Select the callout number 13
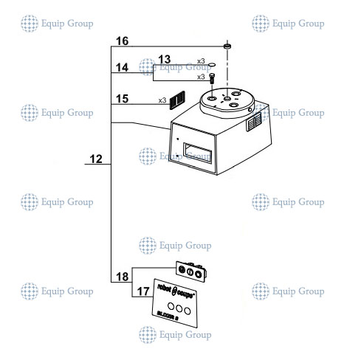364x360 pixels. (164, 58)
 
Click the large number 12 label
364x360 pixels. (96, 159)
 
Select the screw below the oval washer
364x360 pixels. (212, 76)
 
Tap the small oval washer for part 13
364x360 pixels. (211, 63)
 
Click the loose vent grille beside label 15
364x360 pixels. (176, 98)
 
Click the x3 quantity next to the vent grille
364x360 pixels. (162, 100)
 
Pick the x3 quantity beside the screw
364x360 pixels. (200, 77)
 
